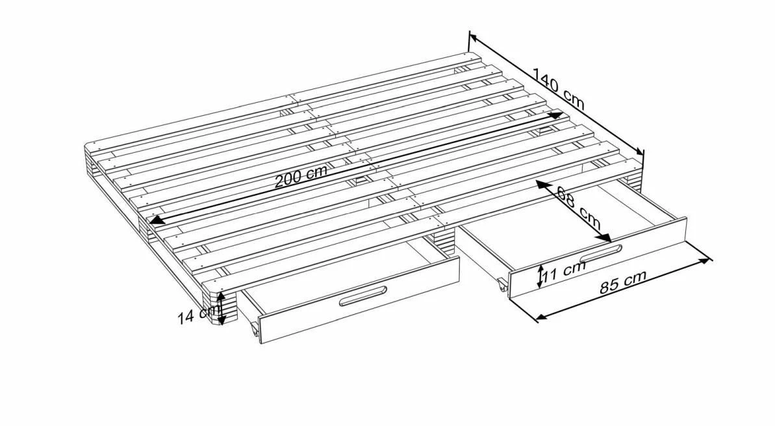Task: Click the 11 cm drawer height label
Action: (563, 272)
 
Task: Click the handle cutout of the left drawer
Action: (363, 296)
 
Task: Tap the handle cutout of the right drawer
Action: (601, 254)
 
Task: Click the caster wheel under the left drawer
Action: (254, 330)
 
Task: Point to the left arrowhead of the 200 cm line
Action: (157, 220)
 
